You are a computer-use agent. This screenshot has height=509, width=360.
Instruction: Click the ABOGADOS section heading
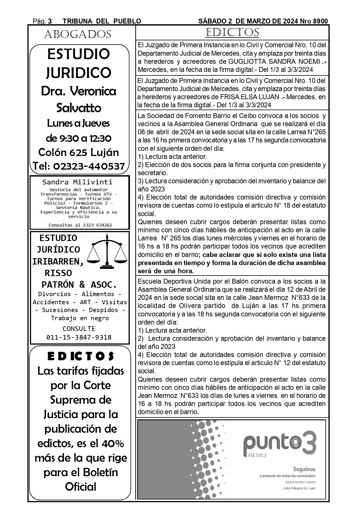click(77, 35)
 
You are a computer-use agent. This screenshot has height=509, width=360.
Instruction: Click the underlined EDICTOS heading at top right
click(232, 32)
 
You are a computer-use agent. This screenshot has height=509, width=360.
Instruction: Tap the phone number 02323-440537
click(89, 166)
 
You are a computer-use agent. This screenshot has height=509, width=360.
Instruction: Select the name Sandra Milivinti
click(77, 182)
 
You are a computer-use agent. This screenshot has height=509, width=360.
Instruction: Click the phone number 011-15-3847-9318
click(79, 337)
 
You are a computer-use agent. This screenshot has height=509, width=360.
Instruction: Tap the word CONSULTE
click(79, 329)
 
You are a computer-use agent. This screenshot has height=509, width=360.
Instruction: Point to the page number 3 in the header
click(50, 21)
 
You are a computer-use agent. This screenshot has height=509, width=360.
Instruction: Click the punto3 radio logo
click(279, 443)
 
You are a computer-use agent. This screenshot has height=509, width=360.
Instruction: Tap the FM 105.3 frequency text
click(257, 455)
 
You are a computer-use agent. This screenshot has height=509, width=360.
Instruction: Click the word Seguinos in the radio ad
click(304, 469)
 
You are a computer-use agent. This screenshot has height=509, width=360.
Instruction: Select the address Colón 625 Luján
click(79, 152)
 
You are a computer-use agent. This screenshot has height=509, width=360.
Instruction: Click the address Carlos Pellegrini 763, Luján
click(299, 488)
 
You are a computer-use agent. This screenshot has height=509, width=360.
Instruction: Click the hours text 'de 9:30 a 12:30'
click(79, 138)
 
